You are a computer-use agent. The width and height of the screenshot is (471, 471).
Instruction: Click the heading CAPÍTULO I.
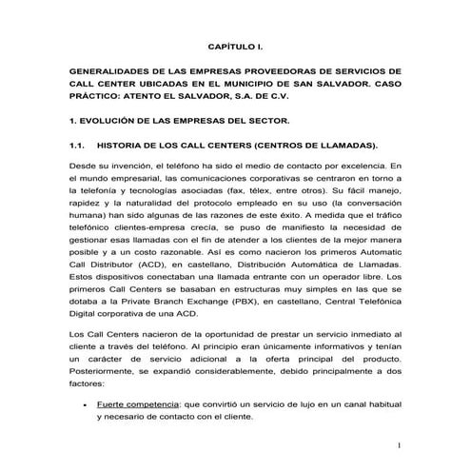[x=235, y=46]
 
